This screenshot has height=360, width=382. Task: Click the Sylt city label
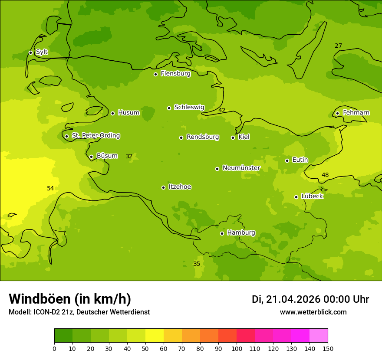pyautogui.click(x=42, y=52)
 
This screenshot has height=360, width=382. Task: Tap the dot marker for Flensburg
pyautogui.click(x=155, y=74)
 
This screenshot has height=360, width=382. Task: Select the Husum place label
pyautogui.click(x=128, y=113)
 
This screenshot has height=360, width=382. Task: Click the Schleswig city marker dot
pyautogui.click(x=169, y=108)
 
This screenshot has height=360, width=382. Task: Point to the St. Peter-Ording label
pyautogui.click(x=95, y=136)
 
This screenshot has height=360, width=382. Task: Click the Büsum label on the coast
pyautogui.click(x=107, y=156)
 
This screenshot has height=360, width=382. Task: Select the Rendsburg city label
pyautogui.click(x=203, y=137)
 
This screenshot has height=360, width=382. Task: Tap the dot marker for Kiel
pyautogui.click(x=233, y=137)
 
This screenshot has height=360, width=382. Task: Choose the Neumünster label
pyautogui.click(x=241, y=168)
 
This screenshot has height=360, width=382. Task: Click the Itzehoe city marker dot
pyautogui.click(x=163, y=187)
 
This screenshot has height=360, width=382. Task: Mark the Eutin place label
pyautogui.click(x=300, y=160)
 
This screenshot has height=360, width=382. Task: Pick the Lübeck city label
pyautogui.click(x=312, y=196)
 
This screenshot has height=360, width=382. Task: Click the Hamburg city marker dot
pyautogui.click(x=222, y=233)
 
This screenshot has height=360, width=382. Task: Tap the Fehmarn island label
pyautogui.click(x=356, y=113)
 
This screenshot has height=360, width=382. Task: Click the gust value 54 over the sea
pyautogui.click(x=50, y=188)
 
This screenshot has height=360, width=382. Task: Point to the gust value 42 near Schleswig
pyautogui.click(x=222, y=110)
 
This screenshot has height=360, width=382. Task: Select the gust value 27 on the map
pyautogui.click(x=338, y=46)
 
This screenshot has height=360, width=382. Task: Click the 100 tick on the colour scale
pyautogui.click(x=237, y=348)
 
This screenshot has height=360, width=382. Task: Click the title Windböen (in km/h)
pyautogui.click(x=70, y=299)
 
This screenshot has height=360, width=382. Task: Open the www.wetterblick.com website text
pyautogui.click(x=313, y=312)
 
